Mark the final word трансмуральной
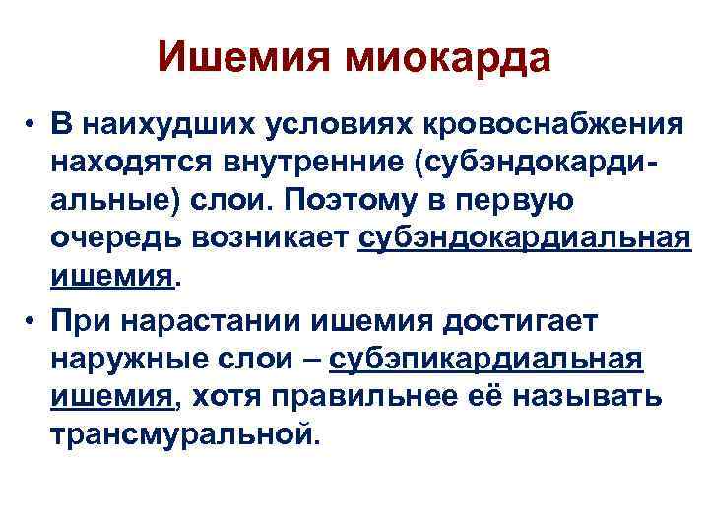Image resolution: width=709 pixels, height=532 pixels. tap(185, 433)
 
